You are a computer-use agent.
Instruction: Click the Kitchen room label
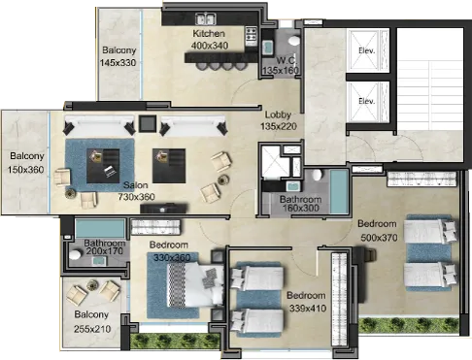209,33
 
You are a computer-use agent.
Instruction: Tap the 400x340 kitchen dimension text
210,46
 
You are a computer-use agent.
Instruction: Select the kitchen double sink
206,19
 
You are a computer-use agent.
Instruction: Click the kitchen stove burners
252,36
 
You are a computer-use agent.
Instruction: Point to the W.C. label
287,60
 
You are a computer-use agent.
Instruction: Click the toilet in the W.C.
294,41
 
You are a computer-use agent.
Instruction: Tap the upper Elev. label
367,50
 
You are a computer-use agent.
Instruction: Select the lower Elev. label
367,101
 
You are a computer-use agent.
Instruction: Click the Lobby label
278,115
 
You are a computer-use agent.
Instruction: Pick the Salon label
136,185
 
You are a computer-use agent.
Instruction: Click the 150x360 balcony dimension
25,169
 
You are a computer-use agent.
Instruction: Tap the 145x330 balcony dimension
118,62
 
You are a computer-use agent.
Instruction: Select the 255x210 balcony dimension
92,329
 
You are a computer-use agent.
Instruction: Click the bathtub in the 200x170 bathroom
100,229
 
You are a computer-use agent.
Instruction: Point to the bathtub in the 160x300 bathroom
339,191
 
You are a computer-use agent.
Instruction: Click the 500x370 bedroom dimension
379,238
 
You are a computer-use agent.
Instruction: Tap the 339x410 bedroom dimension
308,309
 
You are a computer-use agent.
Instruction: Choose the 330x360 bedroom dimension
172,258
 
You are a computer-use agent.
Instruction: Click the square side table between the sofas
148,123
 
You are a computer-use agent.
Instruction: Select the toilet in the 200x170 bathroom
75,254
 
